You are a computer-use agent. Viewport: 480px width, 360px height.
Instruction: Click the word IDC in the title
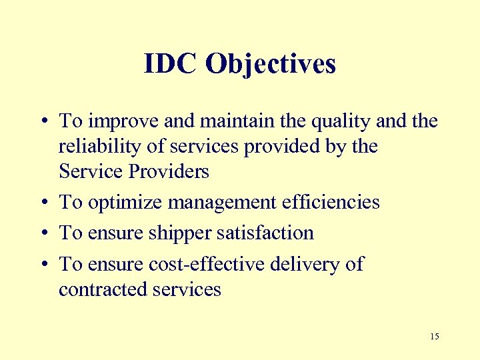pyautogui.click(x=171, y=64)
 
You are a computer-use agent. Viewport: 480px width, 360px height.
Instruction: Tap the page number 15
pyautogui.click(x=435, y=337)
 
